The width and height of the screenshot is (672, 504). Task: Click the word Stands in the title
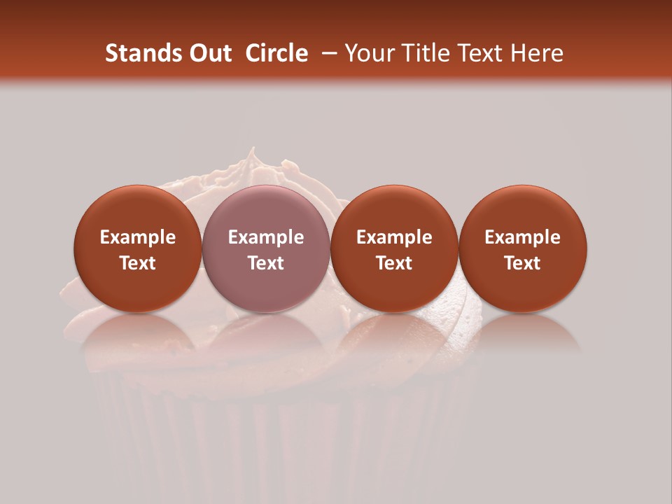(138, 53)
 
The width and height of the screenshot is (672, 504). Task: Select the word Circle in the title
(276, 53)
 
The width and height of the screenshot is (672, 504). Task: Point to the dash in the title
(327, 53)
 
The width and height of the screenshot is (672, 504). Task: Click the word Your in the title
(367, 53)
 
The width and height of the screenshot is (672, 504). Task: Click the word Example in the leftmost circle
(138, 237)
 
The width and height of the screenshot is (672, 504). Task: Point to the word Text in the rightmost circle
(523, 263)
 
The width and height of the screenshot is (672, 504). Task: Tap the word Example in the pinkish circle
(266, 237)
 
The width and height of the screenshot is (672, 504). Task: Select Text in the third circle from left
(394, 263)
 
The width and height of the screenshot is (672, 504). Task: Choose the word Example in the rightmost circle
(523, 237)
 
